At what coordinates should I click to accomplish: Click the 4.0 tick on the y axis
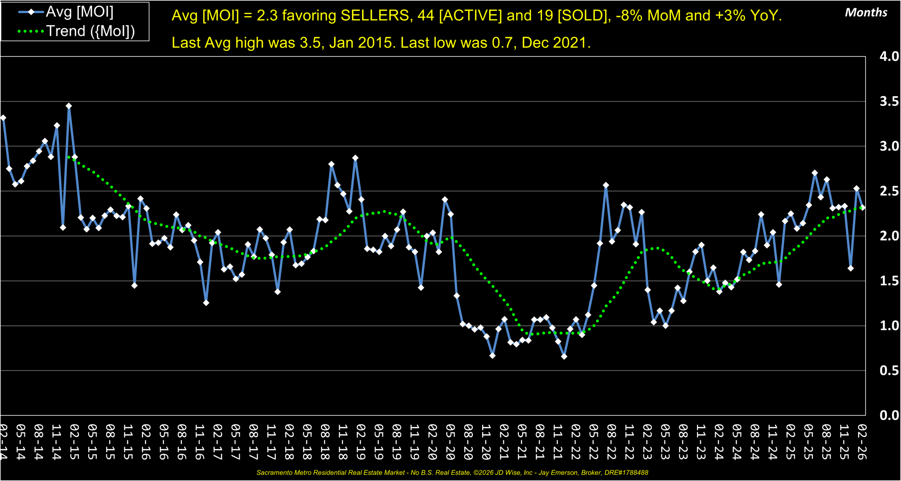pos(889,56)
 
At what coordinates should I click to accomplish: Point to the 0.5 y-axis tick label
pos(889,370)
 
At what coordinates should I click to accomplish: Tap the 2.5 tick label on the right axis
pos(889,191)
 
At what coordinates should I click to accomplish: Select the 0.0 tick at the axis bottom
pos(889,415)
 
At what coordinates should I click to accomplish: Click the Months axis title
pos(866,13)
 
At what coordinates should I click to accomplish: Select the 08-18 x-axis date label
pos(325,442)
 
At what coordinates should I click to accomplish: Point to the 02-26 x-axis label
pos(862,442)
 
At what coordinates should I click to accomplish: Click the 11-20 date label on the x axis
pos(486,442)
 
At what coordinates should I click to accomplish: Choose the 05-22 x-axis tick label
pos(593,442)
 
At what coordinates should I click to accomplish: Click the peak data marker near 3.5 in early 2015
pos(69,106)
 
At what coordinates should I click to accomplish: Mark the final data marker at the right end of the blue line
pos(862,208)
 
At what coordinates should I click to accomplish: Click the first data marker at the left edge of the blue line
pos(3,118)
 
